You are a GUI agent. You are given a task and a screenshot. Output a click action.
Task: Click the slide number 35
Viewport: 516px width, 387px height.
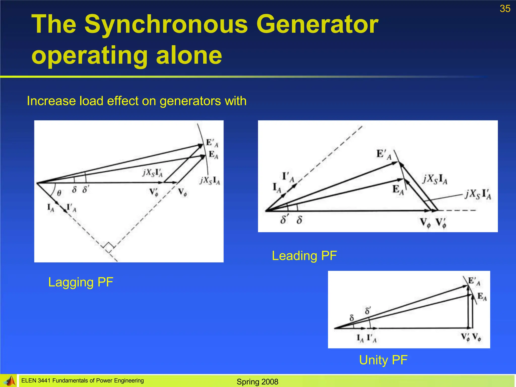(505, 9)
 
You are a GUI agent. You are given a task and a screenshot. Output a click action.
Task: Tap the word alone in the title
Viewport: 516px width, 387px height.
(189, 55)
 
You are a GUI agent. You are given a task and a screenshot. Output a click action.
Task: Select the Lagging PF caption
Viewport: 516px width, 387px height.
(81, 282)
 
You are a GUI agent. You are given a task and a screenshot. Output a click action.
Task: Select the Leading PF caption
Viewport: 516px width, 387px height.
(304, 256)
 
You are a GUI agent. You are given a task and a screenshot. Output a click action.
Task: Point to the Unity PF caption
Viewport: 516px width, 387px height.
(383, 360)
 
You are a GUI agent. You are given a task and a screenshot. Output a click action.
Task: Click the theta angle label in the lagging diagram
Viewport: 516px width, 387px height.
(59, 193)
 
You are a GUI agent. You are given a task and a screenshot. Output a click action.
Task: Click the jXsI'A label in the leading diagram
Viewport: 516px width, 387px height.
(478, 194)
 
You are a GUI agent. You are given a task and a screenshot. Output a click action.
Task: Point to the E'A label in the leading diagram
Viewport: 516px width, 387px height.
(384, 154)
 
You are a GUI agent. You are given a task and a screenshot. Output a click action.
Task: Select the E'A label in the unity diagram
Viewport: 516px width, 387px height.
(474, 281)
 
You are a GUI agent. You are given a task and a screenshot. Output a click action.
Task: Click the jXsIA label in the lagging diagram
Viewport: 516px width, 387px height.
(210, 180)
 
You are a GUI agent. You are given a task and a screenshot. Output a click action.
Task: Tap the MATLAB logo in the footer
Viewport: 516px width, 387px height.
(9, 381)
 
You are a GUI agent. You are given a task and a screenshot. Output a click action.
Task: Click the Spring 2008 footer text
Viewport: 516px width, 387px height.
(257, 382)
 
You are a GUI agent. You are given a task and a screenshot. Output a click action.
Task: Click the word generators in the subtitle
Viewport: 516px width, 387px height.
(190, 101)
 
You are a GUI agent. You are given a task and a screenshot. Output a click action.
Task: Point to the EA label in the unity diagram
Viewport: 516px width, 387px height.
(482, 297)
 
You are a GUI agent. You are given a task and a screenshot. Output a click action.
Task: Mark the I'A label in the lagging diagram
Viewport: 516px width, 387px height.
(71, 208)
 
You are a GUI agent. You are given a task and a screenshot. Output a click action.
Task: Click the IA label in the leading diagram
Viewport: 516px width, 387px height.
(277, 188)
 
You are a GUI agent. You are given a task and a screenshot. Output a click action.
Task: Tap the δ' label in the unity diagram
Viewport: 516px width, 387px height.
(368, 311)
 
